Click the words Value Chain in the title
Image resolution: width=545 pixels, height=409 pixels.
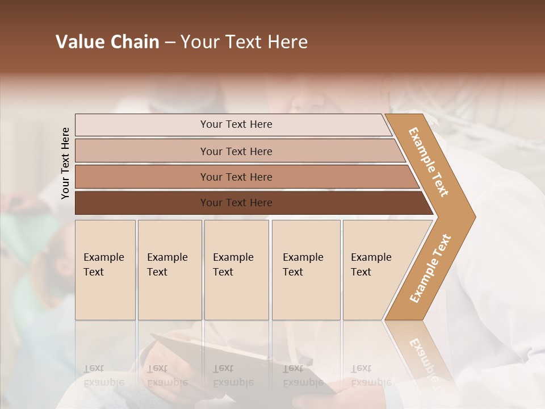(107, 42)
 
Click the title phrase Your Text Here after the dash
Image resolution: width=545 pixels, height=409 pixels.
(244, 42)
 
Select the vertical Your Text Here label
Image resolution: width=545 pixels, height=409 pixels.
(65, 163)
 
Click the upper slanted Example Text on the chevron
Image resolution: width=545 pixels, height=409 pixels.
(429, 162)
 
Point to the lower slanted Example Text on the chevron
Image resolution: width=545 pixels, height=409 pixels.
(430, 268)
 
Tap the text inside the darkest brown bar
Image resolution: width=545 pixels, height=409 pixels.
(236, 203)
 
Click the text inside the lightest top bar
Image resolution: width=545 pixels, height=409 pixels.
(236, 124)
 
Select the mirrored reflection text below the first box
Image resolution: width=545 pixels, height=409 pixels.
(104, 375)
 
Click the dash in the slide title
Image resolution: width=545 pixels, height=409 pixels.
(170, 43)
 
